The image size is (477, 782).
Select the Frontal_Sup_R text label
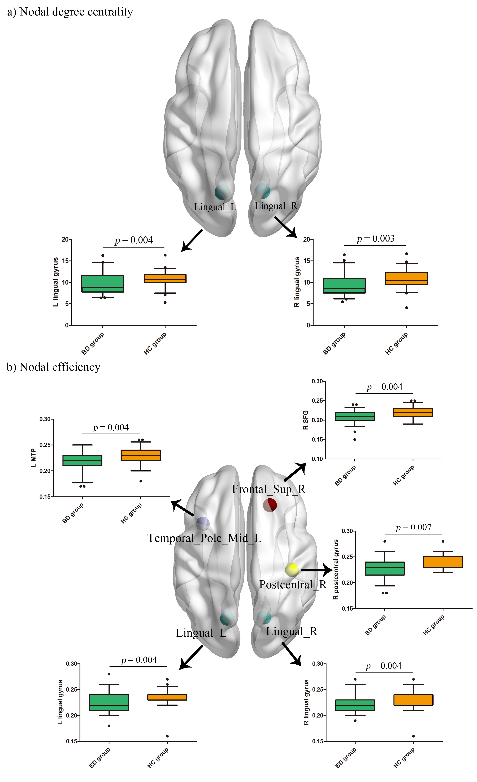point(269,489)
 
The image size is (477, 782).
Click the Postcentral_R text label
point(293,585)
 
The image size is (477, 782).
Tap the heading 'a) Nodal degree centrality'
point(70,12)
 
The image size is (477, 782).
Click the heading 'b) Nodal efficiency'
point(53,367)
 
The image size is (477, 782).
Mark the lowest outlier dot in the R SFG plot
point(355,440)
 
